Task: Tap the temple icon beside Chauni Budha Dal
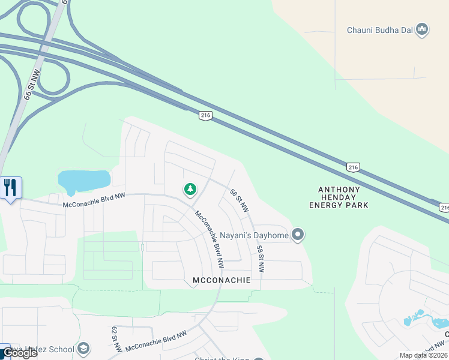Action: tap(422, 29)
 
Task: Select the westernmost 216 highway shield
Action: tap(205, 115)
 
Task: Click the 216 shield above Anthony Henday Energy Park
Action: tap(353, 167)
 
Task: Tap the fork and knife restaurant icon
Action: tap(10, 188)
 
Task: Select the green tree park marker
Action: tap(190, 190)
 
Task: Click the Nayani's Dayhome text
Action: tap(254, 235)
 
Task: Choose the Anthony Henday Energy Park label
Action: tap(339, 197)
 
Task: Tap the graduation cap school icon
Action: tap(83, 349)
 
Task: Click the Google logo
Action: tap(19, 353)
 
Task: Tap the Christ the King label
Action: tap(221, 358)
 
